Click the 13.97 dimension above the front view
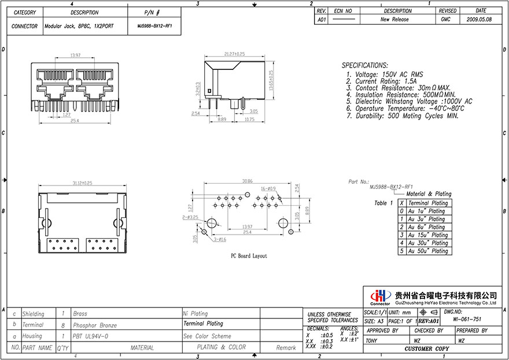click(75, 55)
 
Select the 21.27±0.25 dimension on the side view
click(234, 54)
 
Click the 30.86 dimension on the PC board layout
click(247, 181)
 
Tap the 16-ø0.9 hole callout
click(268, 188)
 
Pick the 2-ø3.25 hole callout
click(190, 218)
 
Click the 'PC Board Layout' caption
click(249, 255)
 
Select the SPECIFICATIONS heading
click(364, 65)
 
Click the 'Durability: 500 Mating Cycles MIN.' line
click(405, 116)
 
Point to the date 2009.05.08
click(480, 19)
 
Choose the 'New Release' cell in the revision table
click(394, 19)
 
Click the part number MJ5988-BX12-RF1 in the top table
click(154, 26)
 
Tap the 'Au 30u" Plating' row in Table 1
click(427, 243)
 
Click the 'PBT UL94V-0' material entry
click(91, 336)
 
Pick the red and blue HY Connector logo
click(380, 296)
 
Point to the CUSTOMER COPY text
click(426, 349)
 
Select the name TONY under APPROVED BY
click(372, 340)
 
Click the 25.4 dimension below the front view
click(74, 121)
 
